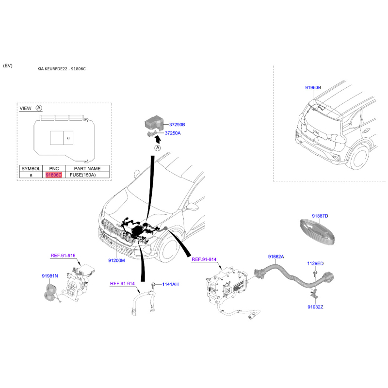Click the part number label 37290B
tap(177, 125)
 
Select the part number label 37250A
tap(173, 133)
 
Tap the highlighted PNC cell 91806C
tap(54, 175)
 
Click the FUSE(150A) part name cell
tap(82, 175)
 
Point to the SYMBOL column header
tap(31, 168)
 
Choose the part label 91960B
tap(313, 88)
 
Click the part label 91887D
tap(320, 216)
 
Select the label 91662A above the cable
tap(276, 257)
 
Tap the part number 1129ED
tap(315, 263)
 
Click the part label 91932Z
tap(315, 307)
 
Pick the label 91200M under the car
tap(116, 260)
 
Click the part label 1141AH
tap(170, 284)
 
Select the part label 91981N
tap(50, 276)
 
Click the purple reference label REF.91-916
tap(63, 256)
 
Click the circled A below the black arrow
tap(158, 148)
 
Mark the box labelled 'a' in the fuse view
tap(68, 138)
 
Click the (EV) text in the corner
tap(8, 65)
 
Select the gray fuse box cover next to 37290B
tap(154, 123)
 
